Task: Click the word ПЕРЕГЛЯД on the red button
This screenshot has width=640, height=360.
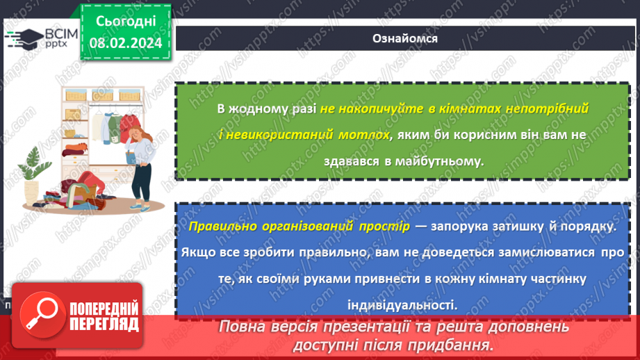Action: (102, 324)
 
